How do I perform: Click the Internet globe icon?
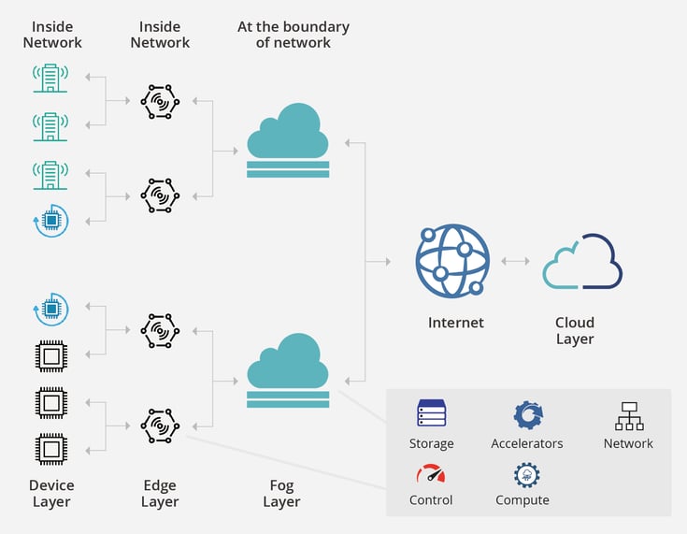tap(452, 261)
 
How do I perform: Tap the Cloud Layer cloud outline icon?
tap(582, 262)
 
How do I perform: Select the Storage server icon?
tap(431, 413)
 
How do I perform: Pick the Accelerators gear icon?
tap(527, 414)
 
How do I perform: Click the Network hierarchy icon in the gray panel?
tap(628, 415)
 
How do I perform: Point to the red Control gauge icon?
tap(430, 473)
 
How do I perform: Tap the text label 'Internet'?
tap(456, 323)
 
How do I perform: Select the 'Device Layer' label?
tap(50, 493)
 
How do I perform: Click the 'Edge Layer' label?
tap(160, 493)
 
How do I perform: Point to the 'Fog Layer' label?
tap(281, 493)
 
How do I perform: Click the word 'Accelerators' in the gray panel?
tap(527, 443)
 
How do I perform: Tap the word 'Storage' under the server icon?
tap(431, 443)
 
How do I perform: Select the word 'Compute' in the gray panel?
tap(522, 500)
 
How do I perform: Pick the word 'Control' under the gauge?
tap(431, 500)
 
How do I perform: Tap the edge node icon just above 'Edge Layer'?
tap(160, 426)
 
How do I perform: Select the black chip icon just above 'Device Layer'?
tap(50, 449)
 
